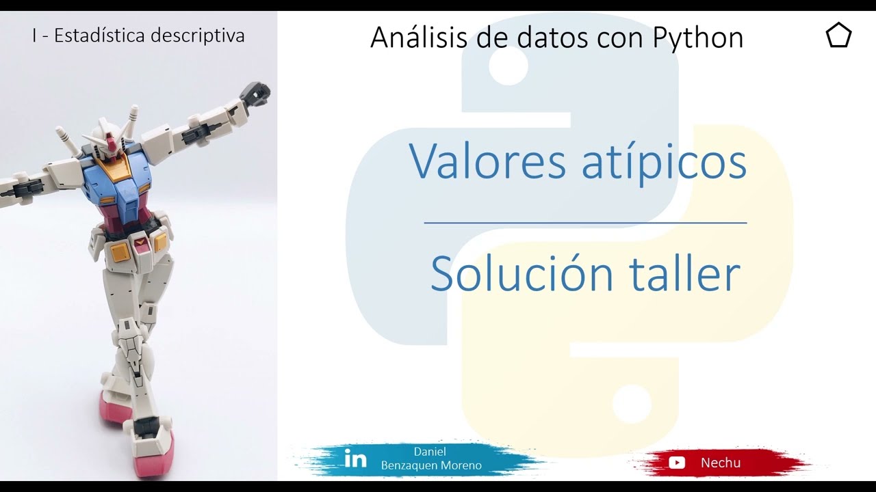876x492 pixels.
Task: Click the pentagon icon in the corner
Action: tap(838, 36)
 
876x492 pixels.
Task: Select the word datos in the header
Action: tap(553, 38)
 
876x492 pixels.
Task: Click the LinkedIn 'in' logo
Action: tap(355, 459)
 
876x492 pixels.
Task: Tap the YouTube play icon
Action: tap(677, 463)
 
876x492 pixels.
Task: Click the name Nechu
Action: tap(720, 463)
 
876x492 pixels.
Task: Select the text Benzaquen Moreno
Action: tap(431, 465)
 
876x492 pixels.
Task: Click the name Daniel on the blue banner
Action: tap(430, 452)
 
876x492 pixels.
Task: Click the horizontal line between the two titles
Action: tap(585, 223)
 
